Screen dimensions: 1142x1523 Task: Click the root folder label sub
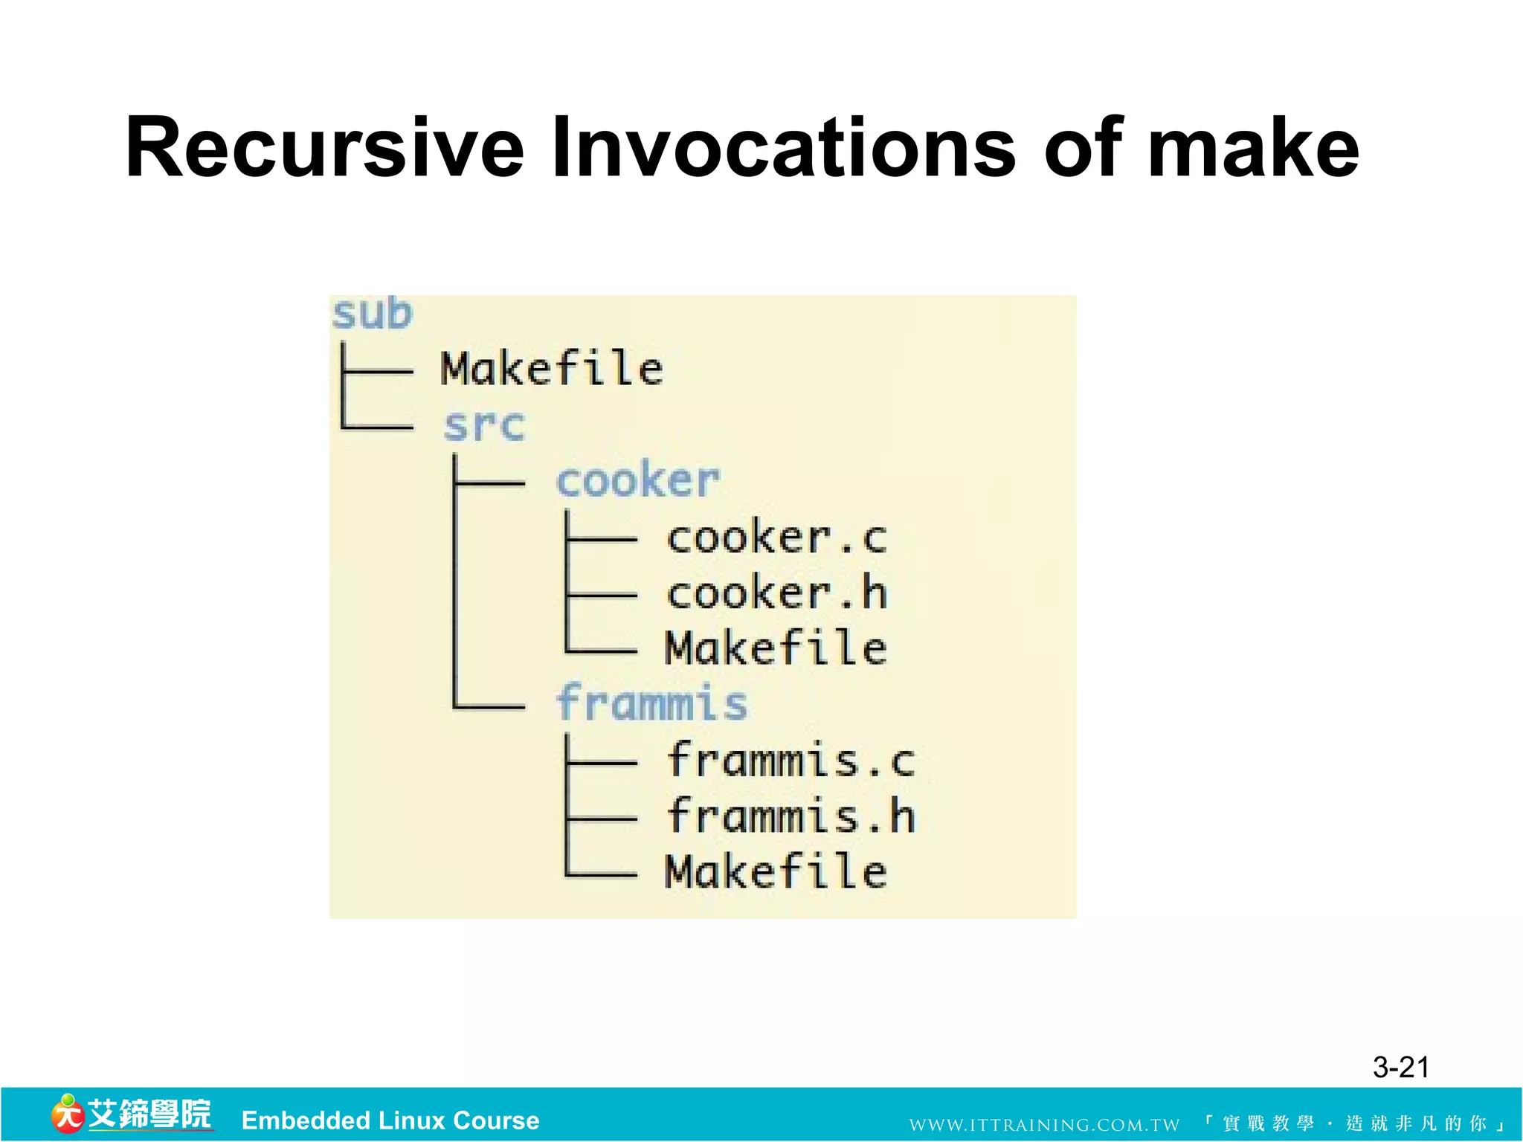click(371, 314)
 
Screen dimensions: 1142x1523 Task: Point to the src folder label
click(484, 425)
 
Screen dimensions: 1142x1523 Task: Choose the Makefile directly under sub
click(551, 369)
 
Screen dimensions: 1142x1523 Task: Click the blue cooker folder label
click(638, 480)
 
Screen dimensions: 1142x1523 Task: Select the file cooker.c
click(776, 537)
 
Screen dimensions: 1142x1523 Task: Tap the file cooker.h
click(776, 593)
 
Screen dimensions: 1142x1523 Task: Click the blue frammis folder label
click(651, 703)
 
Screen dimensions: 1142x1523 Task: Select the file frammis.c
click(791, 760)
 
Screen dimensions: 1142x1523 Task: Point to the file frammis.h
click(791, 816)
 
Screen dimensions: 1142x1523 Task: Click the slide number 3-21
click(1401, 1067)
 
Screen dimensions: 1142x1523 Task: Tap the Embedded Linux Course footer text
click(390, 1120)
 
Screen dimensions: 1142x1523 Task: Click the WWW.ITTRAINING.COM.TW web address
click(1044, 1124)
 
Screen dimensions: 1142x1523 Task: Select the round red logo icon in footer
click(67, 1115)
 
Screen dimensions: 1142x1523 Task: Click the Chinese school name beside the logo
click(149, 1114)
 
